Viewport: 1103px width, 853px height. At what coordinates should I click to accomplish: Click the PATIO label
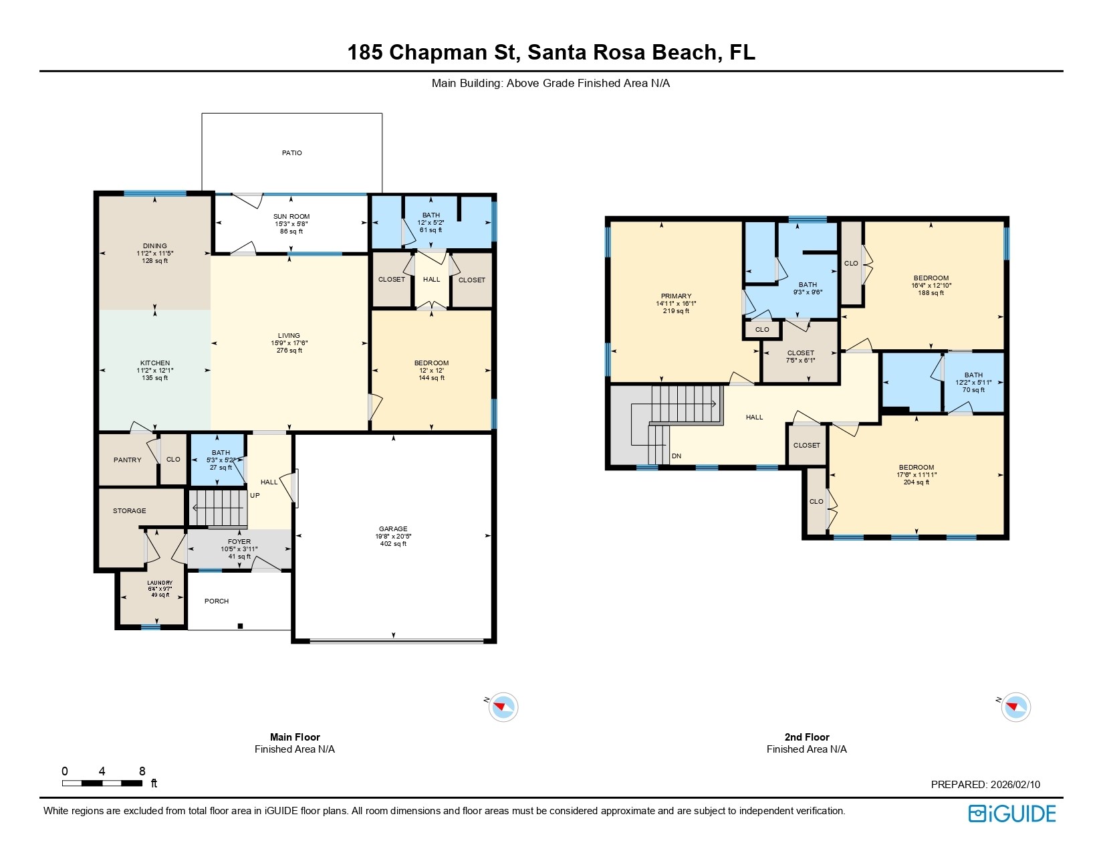click(291, 153)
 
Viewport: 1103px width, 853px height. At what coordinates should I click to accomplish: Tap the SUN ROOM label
click(291, 217)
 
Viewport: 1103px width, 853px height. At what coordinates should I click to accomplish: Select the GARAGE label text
click(393, 529)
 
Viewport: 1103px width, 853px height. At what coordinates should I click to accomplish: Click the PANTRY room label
click(127, 460)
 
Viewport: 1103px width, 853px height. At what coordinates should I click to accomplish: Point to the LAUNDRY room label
click(160, 583)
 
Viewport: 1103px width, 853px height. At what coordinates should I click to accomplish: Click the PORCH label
click(217, 601)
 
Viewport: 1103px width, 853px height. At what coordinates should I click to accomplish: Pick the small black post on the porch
click(241, 626)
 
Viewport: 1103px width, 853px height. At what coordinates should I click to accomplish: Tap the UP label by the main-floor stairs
click(255, 496)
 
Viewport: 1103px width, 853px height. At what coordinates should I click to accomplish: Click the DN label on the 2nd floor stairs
click(677, 456)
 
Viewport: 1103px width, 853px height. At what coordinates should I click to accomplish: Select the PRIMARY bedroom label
click(676, 296)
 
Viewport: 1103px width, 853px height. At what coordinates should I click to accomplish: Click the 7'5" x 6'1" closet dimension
click(800, 361)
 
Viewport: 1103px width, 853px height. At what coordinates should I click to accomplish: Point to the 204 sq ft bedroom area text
click(916, 482)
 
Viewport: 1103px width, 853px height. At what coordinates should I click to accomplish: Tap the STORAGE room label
click(129, 511)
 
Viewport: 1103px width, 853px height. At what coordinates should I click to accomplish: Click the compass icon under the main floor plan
click(503, 707)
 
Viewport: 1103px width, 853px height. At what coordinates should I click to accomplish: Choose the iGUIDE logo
click(1012, 814)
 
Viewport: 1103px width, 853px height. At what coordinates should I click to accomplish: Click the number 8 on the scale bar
click(142, 771)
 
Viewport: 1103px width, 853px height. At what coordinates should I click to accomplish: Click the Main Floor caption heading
click(295, 737)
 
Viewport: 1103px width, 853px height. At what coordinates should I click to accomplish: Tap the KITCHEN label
click(154, 363)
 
